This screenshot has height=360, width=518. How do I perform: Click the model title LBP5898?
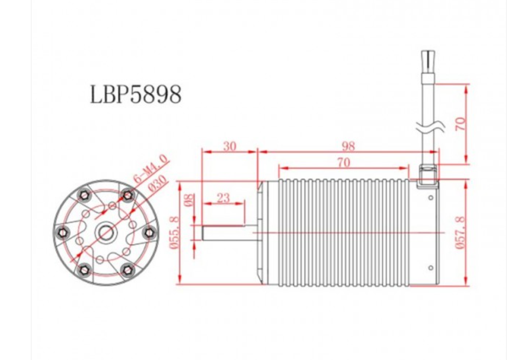[136, 95]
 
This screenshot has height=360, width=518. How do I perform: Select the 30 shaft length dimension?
[229, 146]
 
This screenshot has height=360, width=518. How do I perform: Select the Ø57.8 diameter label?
[461, 233]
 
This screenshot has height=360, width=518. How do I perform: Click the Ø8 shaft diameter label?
[189, 200]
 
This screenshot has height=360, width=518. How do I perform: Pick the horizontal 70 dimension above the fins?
[343, 162]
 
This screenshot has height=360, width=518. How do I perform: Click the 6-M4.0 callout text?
[151, 168]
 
